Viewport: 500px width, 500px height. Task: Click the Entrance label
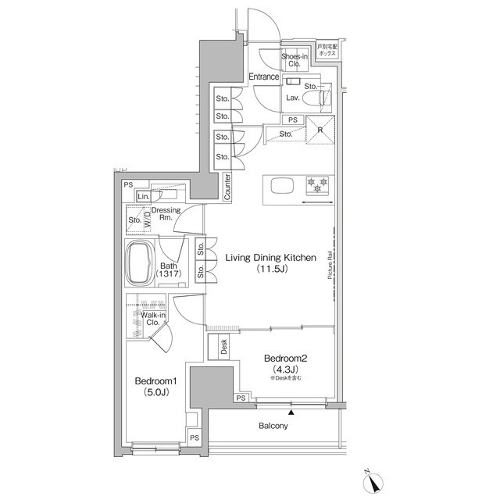(x=264, y=77)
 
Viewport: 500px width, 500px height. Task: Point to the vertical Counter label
(x=227, y=187)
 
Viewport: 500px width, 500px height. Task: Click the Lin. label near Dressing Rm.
(x=145, y=196)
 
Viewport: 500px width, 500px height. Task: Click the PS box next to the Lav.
(x=292, y=120)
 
